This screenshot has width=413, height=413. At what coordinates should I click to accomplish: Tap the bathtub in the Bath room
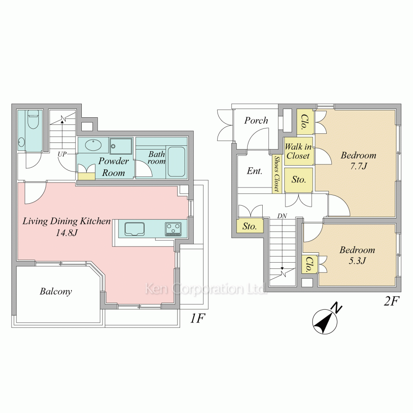click(x=176, y=162)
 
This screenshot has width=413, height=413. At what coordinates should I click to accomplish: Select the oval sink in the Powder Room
click(x=93, y=145)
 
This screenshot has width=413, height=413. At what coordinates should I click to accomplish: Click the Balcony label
click(x=56, y=291)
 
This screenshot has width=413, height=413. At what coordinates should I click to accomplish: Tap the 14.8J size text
click(x=66, y=233)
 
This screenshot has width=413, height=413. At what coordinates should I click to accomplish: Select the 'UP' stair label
click(x=62, y=154)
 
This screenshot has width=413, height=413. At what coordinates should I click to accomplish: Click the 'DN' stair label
click(x=282, y=216)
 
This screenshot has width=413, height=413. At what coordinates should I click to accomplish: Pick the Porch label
click(x=256, y=120)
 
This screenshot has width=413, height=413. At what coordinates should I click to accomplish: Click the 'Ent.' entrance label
click(x=254, y=171)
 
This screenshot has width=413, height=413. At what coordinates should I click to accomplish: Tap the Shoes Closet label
click(x=276, y=173)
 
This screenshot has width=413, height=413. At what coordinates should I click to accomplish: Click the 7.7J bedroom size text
click(x=358, y=166)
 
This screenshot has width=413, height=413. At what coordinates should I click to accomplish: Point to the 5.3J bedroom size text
click(x=357, y=261)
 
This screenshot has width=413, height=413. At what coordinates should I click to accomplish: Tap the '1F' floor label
click(x=197, y=318)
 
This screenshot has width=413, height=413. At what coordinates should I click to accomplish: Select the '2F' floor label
click(x=392, y=301)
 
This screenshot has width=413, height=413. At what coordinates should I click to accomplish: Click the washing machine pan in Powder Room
click(x=121, y=146)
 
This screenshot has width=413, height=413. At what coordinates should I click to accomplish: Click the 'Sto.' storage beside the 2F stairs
click(x=250, y=226)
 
